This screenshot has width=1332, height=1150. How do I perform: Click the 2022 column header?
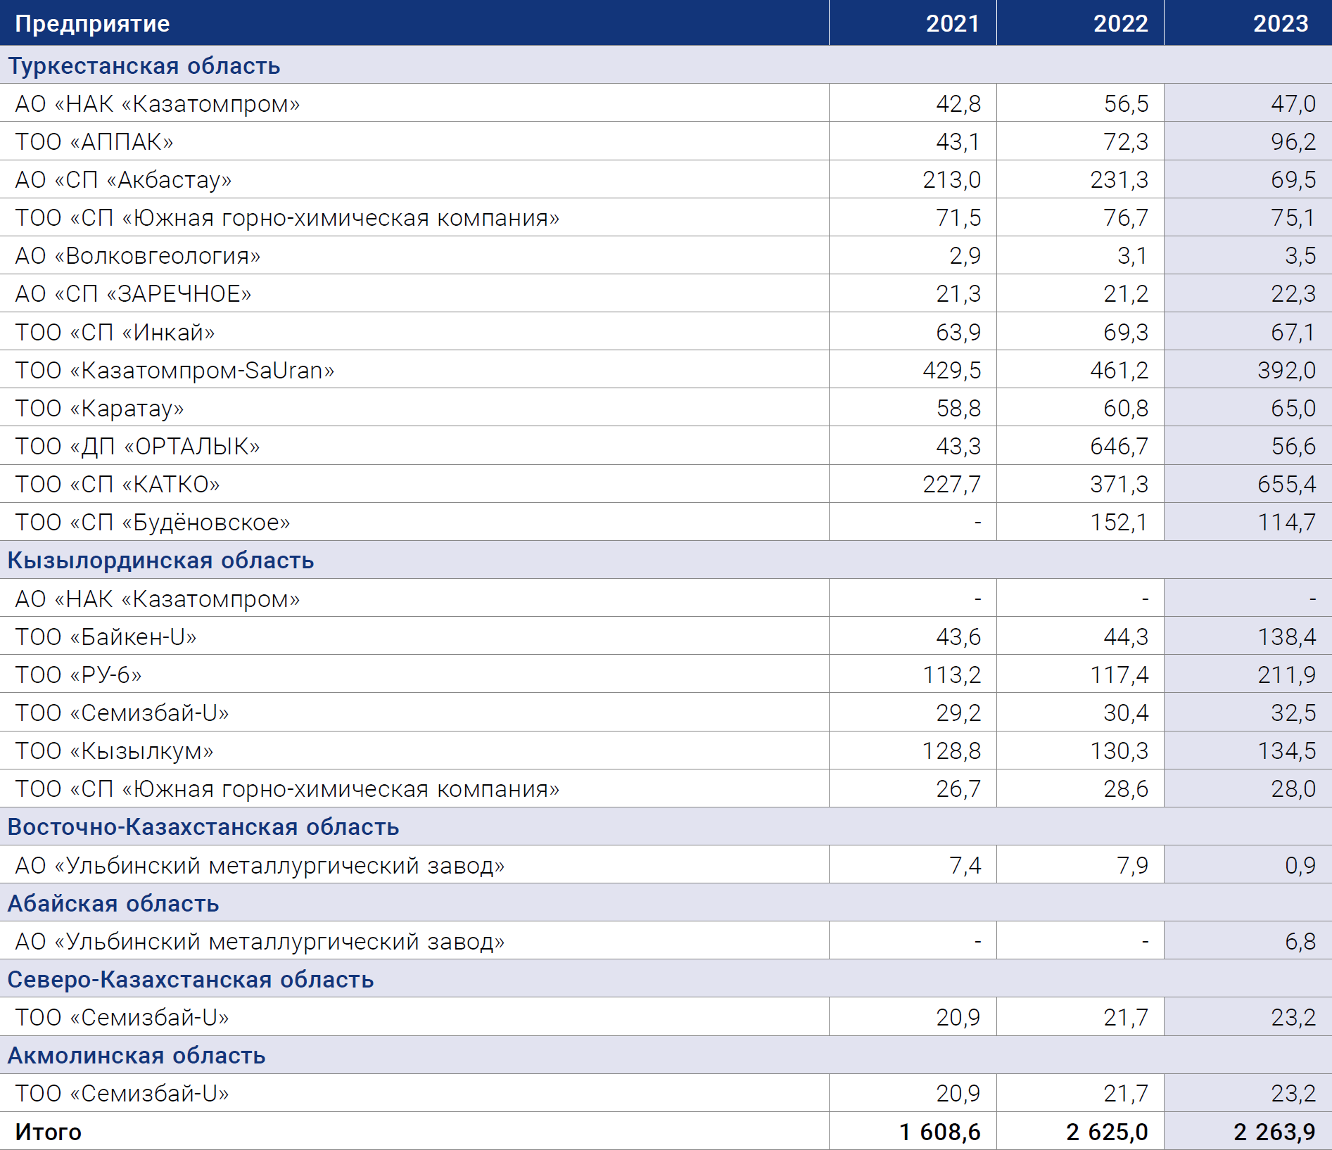pos(1120,23)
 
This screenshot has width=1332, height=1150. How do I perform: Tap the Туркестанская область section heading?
pos(144,65)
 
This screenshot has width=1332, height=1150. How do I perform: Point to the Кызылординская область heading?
pos(160,561)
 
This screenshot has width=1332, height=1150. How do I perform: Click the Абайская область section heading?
pos(113,903)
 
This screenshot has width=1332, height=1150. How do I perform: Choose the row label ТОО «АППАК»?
pos(94,141)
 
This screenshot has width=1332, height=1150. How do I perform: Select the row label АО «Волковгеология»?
pos(138,256)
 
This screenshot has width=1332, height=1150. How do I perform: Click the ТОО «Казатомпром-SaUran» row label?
pos(175,370)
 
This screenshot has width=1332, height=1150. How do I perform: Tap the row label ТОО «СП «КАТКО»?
pos(118,484)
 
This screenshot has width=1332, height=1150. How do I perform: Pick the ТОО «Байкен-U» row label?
pos(106,637)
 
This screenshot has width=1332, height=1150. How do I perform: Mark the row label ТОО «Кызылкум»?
pos(114,751)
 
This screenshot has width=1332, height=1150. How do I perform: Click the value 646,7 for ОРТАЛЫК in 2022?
pos(1119,446)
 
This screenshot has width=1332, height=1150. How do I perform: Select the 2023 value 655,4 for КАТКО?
pos(1286,484)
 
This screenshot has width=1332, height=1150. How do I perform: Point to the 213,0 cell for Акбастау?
pos(951,179)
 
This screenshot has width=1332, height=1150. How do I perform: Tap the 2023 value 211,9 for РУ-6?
pos(1286,675)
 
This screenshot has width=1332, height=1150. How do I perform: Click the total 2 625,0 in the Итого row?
pos(1107,1132)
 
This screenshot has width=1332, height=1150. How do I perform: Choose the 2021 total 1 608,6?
pos(939,1132)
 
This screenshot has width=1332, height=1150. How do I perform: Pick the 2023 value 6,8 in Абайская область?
pos(1300,941)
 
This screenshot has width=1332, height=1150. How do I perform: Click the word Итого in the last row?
pos(49,1132)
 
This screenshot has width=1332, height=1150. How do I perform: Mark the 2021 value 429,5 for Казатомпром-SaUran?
pos(951,370)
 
